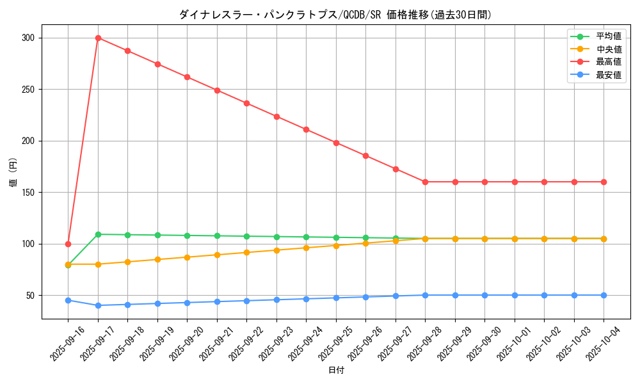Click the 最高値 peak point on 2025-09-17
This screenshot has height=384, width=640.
[x=98, y=38]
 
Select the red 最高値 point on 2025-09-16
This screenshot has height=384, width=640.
[x=68, y=244]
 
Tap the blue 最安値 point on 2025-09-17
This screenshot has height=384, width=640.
[x=98, y=305]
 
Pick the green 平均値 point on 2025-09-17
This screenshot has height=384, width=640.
[x=98, y=234]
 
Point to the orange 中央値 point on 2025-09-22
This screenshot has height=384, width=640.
[x=246, y=252]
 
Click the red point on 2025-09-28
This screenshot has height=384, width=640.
[x=425, y=182]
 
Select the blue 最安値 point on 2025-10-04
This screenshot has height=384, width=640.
[x=604, y=295]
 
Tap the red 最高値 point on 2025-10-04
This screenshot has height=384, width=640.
[x=604, y=182]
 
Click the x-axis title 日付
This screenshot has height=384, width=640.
[x=335, y=371]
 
